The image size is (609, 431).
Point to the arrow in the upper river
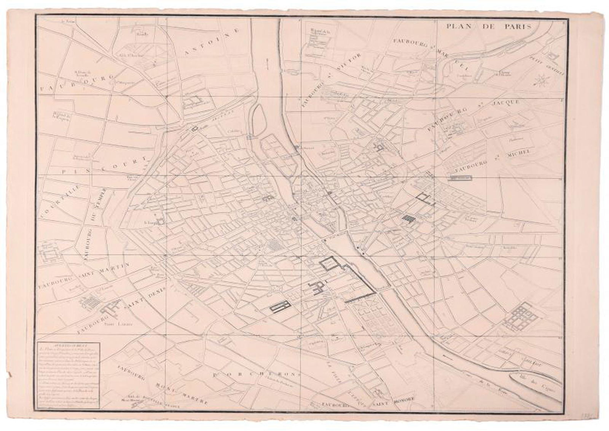[x=267, y=63]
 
